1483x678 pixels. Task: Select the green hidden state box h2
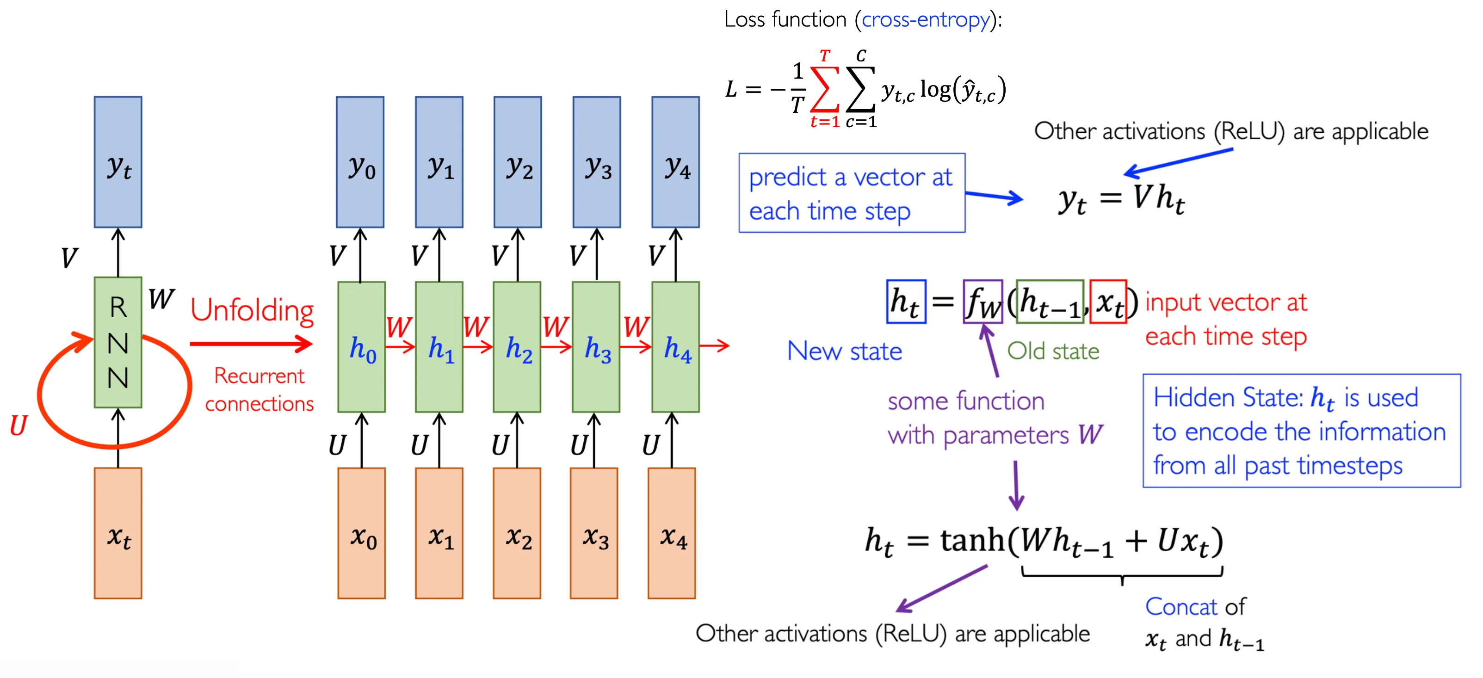tap(517, 346)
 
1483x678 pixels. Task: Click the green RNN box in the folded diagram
tap(118, 342)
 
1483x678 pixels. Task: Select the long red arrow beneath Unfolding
tap(251, 344)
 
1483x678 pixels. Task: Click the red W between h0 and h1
tap(398, 327)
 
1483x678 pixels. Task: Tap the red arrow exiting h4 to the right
tap(715, 346)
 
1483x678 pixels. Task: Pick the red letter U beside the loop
tap(19, 426)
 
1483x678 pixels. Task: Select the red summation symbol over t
tap(824, 89)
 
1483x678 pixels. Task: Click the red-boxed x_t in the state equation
tap(1108, 302)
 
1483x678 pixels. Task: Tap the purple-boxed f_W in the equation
tap(982, 302)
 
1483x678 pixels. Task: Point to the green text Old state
tap(1053, 351)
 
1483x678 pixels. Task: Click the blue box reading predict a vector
tap(852, 193)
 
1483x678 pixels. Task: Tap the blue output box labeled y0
tap(360, 162)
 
